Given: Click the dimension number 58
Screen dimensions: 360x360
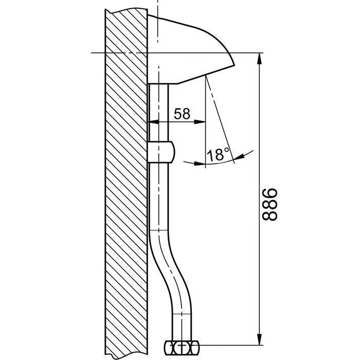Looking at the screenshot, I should tap(182, 114).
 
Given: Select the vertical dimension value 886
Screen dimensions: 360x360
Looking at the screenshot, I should tap(270, 205).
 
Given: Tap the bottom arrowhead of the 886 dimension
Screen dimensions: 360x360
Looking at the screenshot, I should tap(259, 339).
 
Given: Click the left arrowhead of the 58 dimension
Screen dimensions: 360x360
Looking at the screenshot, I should tap(153, 122).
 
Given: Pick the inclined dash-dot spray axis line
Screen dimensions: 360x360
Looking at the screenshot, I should tap(221, 123).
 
